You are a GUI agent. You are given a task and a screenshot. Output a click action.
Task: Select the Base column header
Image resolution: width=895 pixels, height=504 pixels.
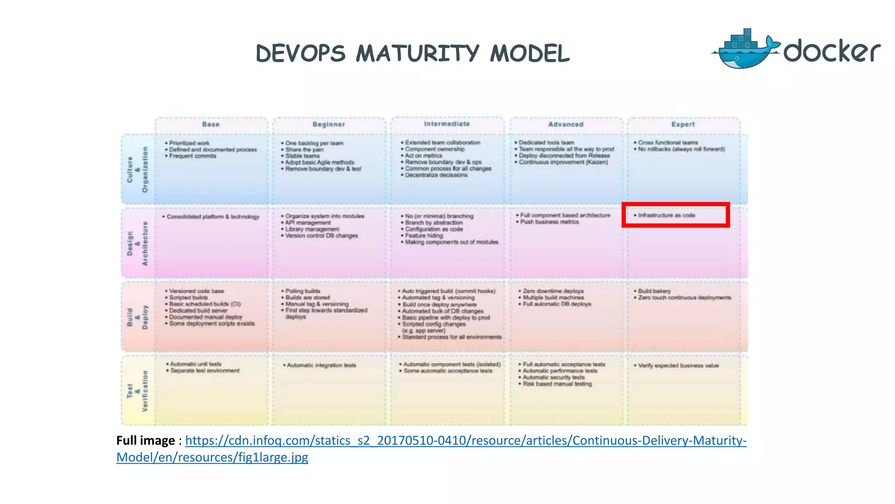(x=211, y=125)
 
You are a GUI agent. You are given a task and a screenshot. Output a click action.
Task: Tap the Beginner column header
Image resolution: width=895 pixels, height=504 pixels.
(x=329, y=125)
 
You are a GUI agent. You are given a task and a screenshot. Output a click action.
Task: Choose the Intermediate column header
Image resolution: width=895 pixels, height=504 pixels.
(x=447, y=124)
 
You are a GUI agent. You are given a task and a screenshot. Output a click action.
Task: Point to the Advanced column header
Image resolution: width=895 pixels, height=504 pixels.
(x=565, y=125)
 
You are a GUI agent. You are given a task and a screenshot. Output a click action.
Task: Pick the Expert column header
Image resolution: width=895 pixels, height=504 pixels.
(x=683, y=125)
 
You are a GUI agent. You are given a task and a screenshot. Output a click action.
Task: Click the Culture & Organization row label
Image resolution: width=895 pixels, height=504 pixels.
(x=137, y=170)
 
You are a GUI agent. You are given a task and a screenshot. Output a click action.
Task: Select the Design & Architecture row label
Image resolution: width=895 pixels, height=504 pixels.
(x=137, y=243)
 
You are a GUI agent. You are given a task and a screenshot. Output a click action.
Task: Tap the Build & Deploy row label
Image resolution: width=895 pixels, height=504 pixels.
(x=137, y=317)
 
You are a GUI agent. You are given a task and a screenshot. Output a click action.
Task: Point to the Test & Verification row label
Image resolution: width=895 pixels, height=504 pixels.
(x=137, y=391)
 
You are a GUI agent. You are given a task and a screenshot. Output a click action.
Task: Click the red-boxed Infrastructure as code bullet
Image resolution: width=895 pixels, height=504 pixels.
(x=666, y=215)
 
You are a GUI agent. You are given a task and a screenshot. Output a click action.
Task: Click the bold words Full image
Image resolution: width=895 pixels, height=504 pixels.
(x=146, y=441)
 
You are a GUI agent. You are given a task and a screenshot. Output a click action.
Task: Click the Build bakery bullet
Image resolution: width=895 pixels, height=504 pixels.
(x=654, y=291)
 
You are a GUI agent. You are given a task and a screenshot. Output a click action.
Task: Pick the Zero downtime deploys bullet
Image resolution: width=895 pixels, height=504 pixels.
(x=553, y=291)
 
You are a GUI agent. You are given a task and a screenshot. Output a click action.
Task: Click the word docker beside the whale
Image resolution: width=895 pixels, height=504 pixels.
(x=831, y=52)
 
